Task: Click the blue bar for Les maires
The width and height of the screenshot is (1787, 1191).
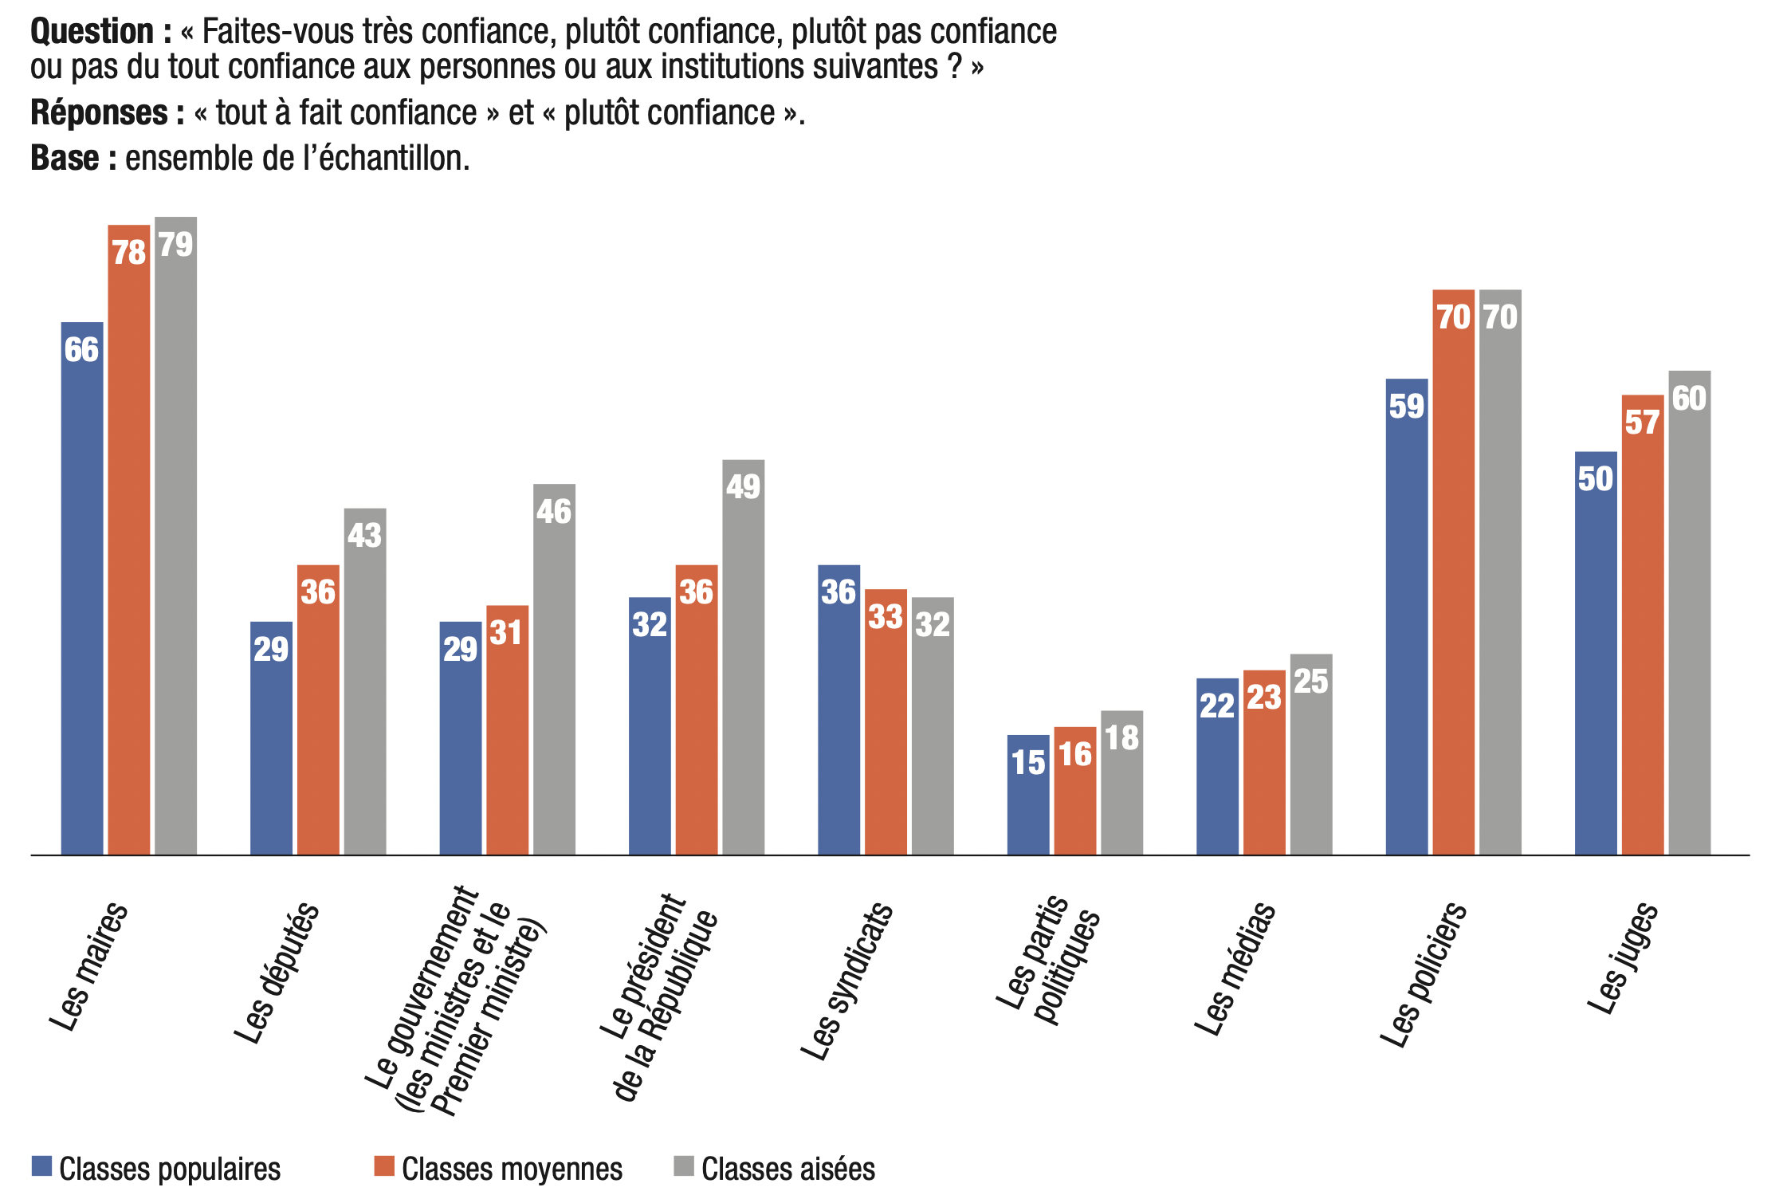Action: (x=82, y=590)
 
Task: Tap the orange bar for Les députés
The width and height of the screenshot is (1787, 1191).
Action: (x=318, y=709)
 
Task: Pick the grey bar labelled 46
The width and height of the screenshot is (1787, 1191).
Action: (x=554, y=670)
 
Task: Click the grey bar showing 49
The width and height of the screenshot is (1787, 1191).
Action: (x=743, y=658)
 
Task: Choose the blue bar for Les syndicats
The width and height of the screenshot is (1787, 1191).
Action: (x=839, y=709)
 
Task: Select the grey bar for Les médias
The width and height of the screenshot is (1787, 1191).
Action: (x=1311, y=754)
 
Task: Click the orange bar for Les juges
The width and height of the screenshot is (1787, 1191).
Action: (x=1643, y=625)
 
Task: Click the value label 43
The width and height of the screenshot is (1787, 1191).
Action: (x=365, y=536)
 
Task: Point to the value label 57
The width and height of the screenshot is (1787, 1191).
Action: (x=1643, y=423)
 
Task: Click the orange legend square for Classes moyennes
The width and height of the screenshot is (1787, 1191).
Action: (x=384, y=1166)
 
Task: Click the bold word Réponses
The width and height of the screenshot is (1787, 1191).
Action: (x=100, y=113)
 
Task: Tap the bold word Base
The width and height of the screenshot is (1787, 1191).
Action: (x=65, y=159)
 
